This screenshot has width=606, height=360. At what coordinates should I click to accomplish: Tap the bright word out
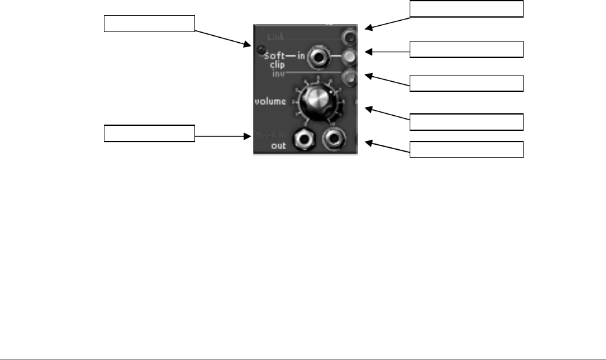click(279, 145)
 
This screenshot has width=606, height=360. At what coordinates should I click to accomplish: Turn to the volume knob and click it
click(317, 101)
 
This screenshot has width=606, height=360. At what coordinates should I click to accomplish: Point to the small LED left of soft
click(259, 49)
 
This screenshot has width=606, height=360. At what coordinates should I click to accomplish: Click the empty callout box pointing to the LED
click(149, 24)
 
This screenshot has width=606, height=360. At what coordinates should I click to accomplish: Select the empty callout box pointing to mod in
click(149, 133)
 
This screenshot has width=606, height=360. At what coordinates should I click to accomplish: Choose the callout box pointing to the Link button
click(466, 9)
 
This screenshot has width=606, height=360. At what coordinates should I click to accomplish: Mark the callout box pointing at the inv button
click(466, 82)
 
